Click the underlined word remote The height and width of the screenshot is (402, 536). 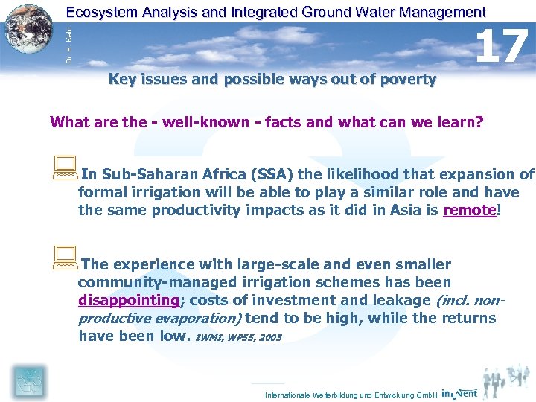point(469,211)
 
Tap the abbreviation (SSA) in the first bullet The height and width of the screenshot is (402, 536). point(274,175)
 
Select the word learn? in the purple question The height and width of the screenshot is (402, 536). point(461,122)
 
